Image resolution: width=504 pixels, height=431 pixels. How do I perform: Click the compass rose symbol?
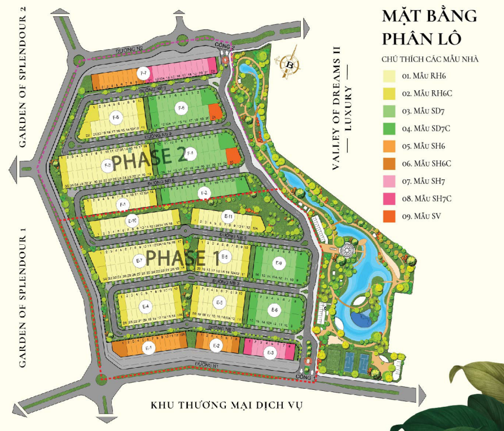290,64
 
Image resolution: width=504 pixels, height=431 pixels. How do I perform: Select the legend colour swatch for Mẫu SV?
389,215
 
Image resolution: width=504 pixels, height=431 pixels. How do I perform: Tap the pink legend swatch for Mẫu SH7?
389,181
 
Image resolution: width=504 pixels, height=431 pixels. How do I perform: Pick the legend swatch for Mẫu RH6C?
389,93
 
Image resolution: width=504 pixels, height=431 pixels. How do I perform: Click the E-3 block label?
270,353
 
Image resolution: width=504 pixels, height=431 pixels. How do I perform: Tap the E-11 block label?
229,217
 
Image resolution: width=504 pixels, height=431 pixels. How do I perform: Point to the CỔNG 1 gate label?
304,376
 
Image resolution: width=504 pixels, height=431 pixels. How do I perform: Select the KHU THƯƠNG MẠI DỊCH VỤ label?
227,405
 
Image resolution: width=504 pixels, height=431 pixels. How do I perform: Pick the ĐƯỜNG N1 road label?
207,364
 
